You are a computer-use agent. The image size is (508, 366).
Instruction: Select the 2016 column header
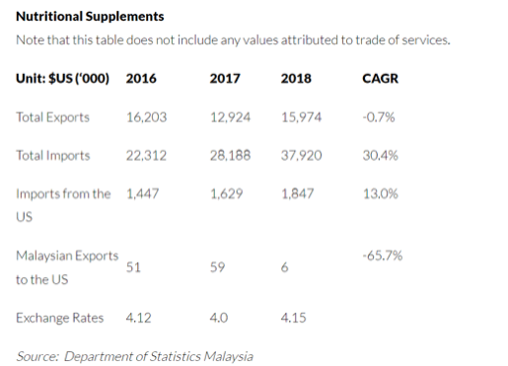141,78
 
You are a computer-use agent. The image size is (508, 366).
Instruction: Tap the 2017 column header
225,78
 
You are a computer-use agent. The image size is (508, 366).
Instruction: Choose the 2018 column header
296,78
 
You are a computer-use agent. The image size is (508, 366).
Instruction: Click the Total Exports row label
53,116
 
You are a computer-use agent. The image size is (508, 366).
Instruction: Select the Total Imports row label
53,155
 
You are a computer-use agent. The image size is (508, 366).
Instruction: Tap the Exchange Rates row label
56,319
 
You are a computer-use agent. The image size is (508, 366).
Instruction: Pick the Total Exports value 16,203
147,116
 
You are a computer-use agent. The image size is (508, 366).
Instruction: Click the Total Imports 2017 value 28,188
230,155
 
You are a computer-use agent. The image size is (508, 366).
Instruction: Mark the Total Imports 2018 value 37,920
302,155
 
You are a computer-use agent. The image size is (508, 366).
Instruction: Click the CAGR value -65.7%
383,256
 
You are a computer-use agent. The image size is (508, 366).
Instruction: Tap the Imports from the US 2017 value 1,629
227,193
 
